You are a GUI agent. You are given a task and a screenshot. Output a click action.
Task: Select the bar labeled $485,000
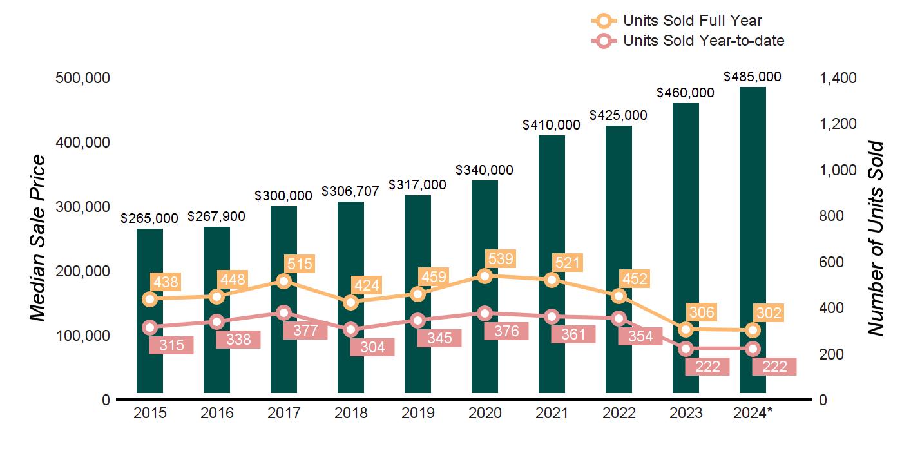click(753, 193)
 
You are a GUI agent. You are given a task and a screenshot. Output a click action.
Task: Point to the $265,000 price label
click(149, 218)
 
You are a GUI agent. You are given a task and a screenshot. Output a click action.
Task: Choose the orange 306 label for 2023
click(701, 312)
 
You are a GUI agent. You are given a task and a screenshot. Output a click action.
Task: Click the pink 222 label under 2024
click(774, 366)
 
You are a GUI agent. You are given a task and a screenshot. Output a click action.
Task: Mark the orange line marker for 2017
click(284, 281)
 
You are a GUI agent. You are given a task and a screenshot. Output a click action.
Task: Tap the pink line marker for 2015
click(150, 327)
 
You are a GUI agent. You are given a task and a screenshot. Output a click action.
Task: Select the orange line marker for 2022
click(619, 296)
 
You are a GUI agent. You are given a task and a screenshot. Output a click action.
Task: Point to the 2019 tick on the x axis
click(417, 414)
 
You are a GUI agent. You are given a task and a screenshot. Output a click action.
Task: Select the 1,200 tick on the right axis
click(838, 124)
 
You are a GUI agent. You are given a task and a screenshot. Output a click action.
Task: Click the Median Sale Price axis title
click(39, 238)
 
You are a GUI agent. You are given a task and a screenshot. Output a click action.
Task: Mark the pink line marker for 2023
click(686, 349)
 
